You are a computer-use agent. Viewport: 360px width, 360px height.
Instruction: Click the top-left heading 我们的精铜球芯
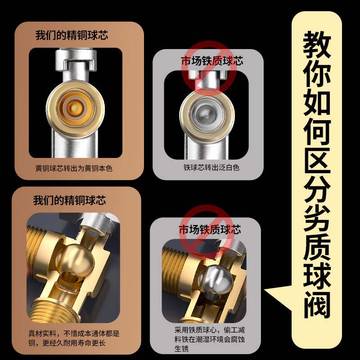pyautogui.click(x=72, y=35)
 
